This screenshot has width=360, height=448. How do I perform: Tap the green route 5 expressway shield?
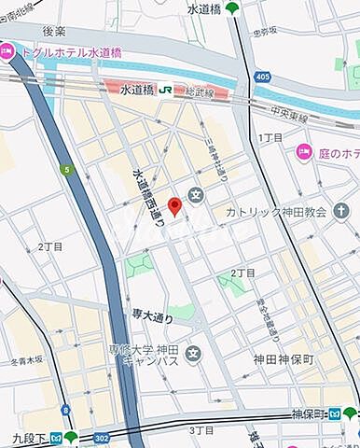66,170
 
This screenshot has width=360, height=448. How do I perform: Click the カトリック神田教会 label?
277,212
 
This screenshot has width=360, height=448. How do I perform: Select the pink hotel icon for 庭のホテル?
303,151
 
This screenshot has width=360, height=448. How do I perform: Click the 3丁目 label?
202,430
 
